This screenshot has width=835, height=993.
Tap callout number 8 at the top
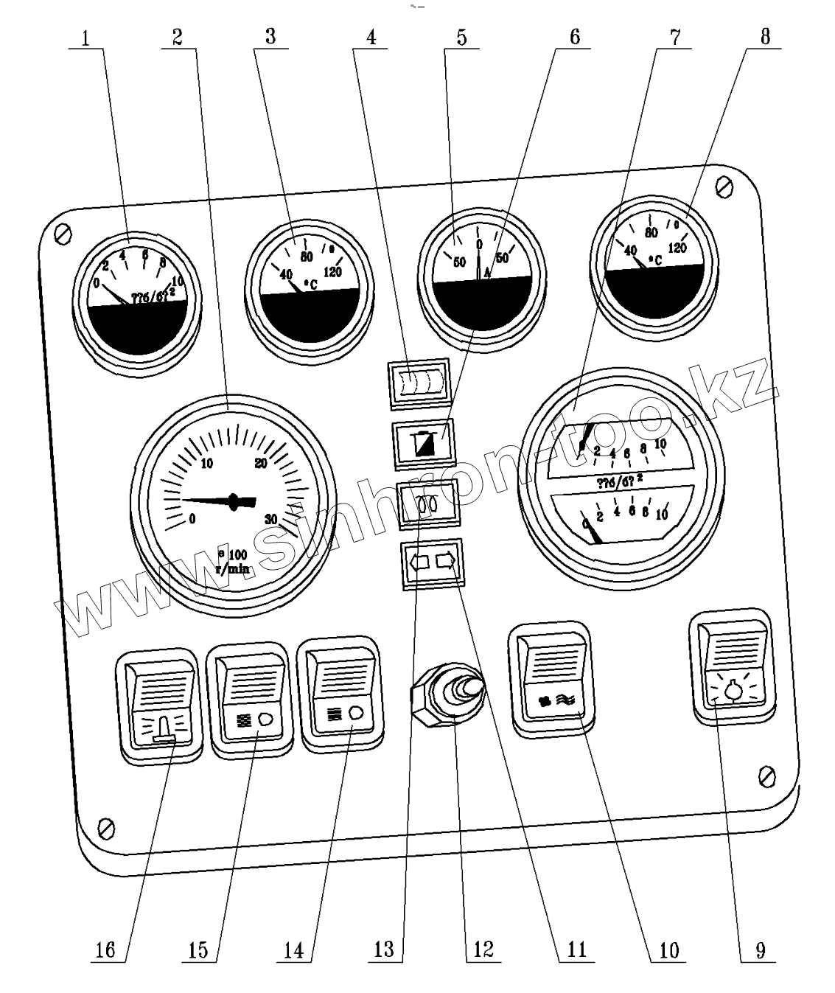click(764, 37)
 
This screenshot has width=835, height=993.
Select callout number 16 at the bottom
click(106, 950)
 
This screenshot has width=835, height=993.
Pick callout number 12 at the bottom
click(483, 950)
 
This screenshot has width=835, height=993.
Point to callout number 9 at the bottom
click(760, 950)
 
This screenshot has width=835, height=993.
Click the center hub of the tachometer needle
click(235, 501)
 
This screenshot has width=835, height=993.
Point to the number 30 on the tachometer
click(271, 520)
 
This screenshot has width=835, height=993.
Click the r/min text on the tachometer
click(232, 568)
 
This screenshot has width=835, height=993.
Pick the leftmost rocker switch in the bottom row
click(159, 705)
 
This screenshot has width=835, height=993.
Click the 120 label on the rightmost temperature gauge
click(677, 248)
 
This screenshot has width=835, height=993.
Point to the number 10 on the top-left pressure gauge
click(177, 281)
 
